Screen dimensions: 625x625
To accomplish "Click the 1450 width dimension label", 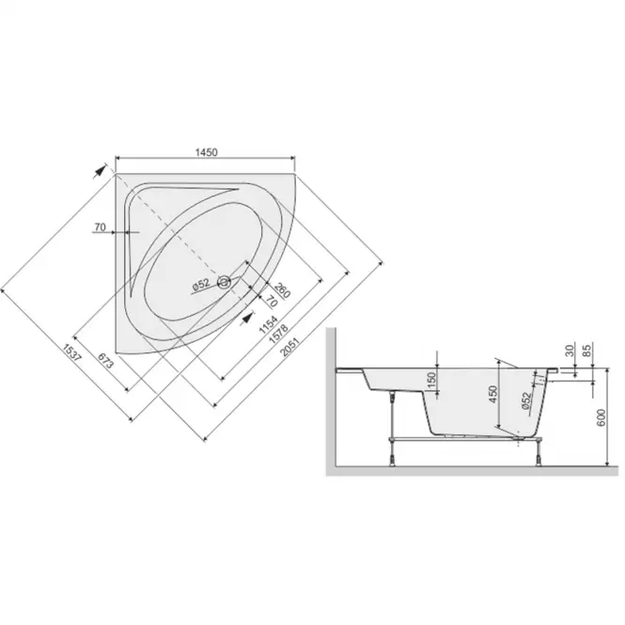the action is (207, 152).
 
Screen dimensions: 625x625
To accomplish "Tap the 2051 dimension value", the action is (289, 347).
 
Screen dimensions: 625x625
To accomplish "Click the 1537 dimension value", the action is (71, 352).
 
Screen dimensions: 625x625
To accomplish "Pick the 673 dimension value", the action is (105, 361).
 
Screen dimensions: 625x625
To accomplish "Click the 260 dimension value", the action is (282, 290).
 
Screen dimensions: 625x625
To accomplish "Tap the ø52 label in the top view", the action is (201, 284).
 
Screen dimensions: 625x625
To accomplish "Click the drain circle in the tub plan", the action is (224, 282).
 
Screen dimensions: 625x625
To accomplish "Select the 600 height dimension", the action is (602, 417).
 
